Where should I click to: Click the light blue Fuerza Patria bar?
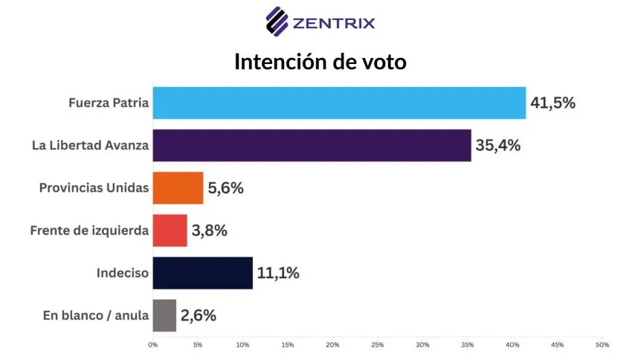click(x=338, y=103)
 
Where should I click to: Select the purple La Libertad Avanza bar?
click(x=312, y=145)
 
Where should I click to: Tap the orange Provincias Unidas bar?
click(x=178, y=187)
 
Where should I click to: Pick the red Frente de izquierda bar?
click(x=170, y=231)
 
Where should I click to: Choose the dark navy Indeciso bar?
click(x=202, y=273)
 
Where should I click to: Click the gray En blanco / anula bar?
click(x=164, y=315)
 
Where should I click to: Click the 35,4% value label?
click(x=498, y=145)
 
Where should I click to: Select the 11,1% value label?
click(x=277, y=273)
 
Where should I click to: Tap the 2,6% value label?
click(x=199, y=315)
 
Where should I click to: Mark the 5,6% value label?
click(x=225, y=187)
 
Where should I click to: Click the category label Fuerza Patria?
click(x=105, y=103)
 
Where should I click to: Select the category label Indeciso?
click(x=123, y=273)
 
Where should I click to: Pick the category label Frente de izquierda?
click(x=90, y=231)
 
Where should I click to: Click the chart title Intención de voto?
click(x=320, y=62)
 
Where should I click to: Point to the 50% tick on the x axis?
click(x=602, y=345)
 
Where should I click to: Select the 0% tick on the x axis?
click(x=152, y=345)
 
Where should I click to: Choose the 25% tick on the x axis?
click(x=378, y=345)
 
